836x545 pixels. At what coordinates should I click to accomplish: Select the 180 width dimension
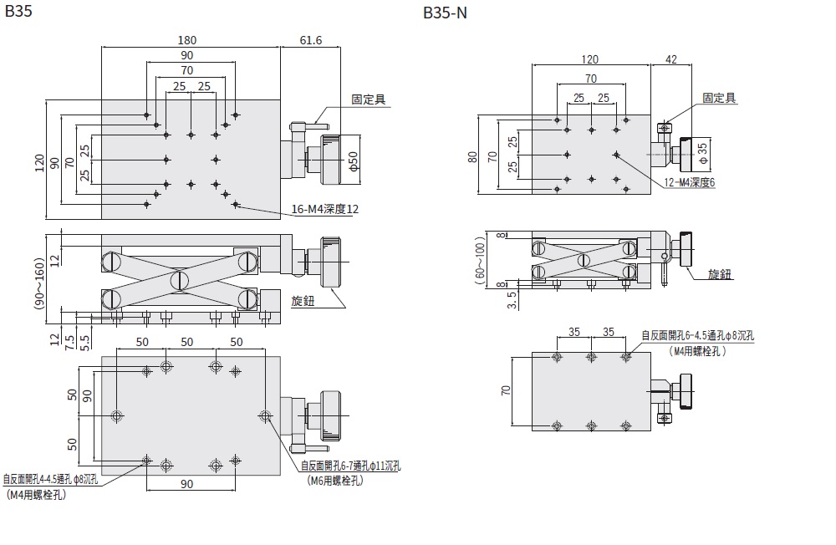pyautogui.click(x=186, y=40)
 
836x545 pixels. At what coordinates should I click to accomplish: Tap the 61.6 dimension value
pyautogui.click(x=309, y=40)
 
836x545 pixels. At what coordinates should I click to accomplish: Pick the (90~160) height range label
pyautogui.click(x=38, y=273)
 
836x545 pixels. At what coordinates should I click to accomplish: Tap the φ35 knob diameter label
pyautogui.click(x=702, y=150)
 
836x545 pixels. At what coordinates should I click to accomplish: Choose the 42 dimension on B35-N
pyautogui.click(x=671, y=59)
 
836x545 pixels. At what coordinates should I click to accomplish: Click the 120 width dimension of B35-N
pyautogui.click(x=591, y=59)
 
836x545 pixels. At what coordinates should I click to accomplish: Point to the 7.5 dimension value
pyautogui.click(x=70, y=339)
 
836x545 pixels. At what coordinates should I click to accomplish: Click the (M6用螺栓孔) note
pyautogui.click(x=335, y=481)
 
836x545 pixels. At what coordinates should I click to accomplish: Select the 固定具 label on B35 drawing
pyautogui.click(x=368, y=99)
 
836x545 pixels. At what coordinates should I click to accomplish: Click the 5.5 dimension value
pyautogui.click(x=84, y=340)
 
